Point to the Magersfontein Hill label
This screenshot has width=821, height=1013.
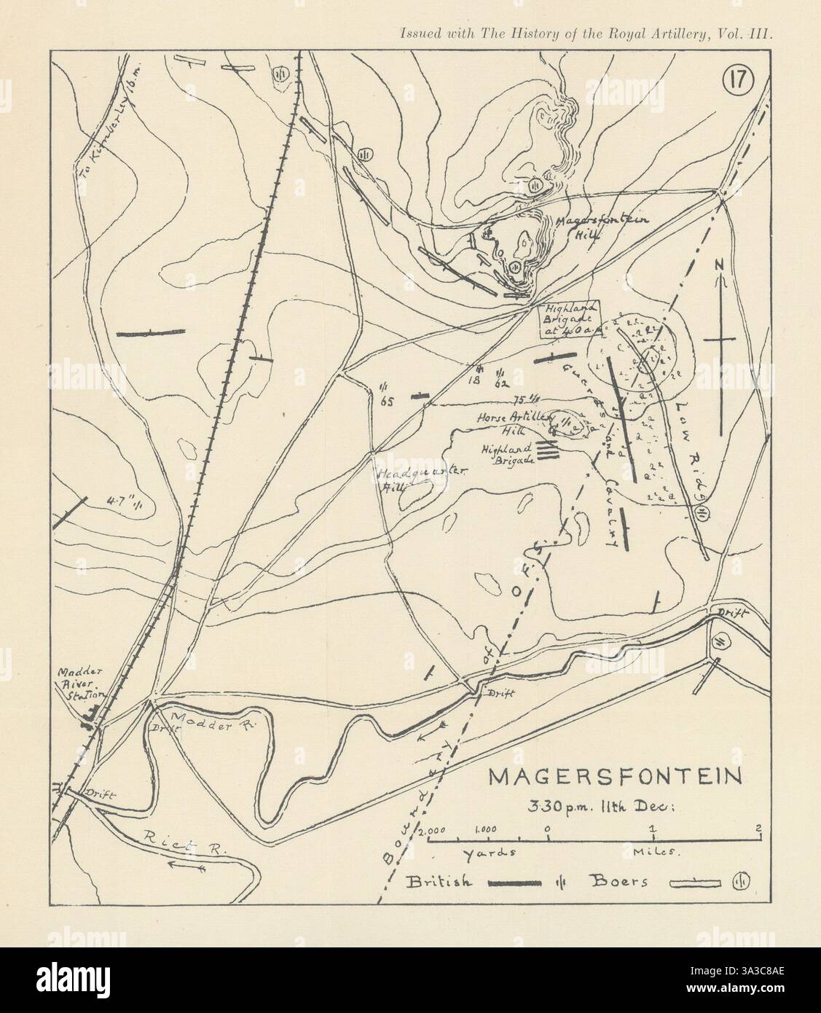tap(589, 227)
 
